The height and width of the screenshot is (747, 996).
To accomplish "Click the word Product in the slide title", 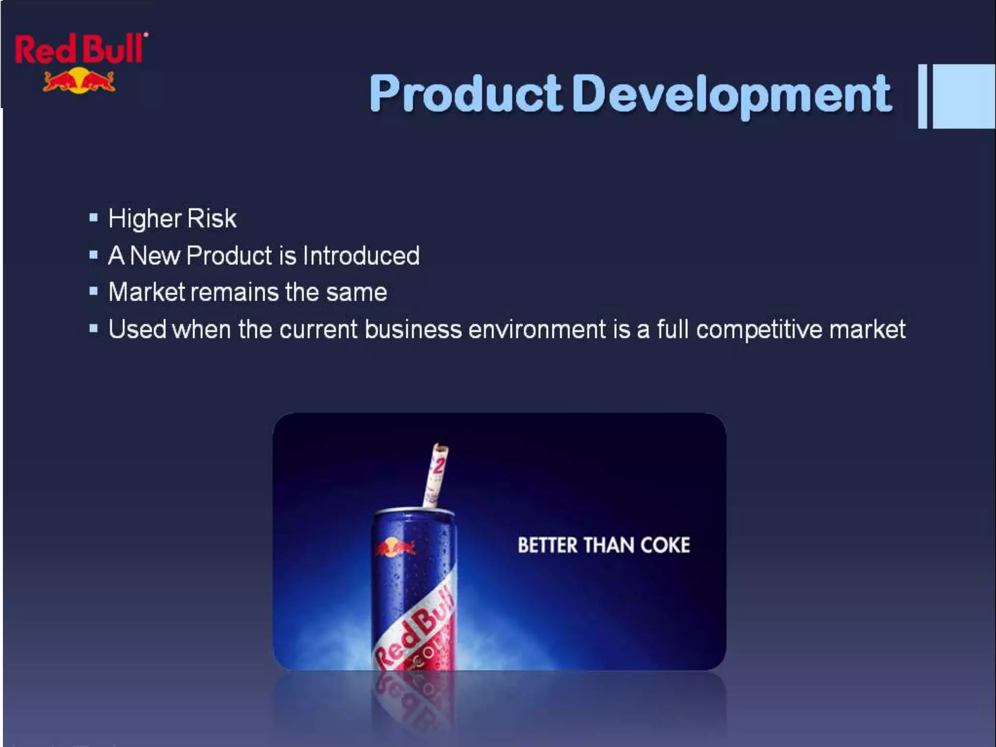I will (x=466, y=94).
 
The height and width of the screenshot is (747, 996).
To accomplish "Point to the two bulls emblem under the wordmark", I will (x=79, y=81).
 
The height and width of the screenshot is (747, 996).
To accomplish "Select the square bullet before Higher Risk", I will (x=94, y=217).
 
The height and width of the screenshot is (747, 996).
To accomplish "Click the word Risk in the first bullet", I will (x=212, y=218).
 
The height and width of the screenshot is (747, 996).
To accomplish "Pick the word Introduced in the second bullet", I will (x=361, y=256).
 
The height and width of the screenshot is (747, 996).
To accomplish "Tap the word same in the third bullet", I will (x=356, y=292).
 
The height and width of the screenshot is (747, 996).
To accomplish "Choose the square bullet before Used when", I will (x=94, y=329).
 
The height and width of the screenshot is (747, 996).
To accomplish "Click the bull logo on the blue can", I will (x=395, y=548).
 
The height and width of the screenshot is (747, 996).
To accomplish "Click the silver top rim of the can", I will (x=414, y=512).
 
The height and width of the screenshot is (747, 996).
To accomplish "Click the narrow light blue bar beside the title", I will (x=923, y=96).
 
